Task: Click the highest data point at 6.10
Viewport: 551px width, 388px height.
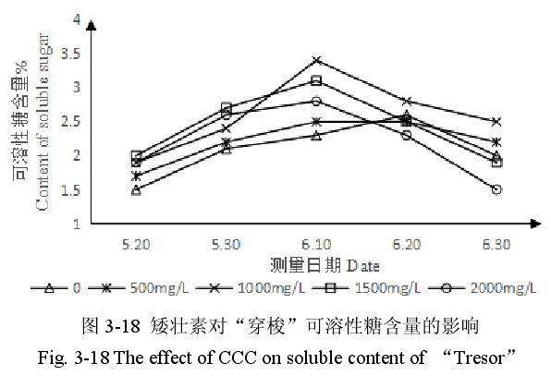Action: coord(316,60)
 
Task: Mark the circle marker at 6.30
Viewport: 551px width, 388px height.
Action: coord(496,189)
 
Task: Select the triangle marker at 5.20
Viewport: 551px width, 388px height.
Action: coord(136,189)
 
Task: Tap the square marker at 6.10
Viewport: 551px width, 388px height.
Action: coord(316,80)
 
